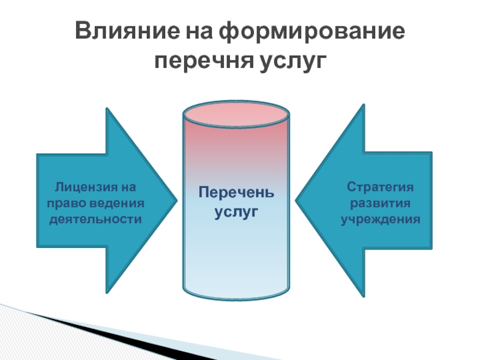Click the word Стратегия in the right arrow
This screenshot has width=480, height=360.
[381, 188]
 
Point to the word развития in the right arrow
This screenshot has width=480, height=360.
[381, 203]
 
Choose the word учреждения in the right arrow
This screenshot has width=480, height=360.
[381, 219]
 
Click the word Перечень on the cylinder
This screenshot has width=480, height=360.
[236, 195]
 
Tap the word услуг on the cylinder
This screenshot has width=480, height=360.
[236, 212]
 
